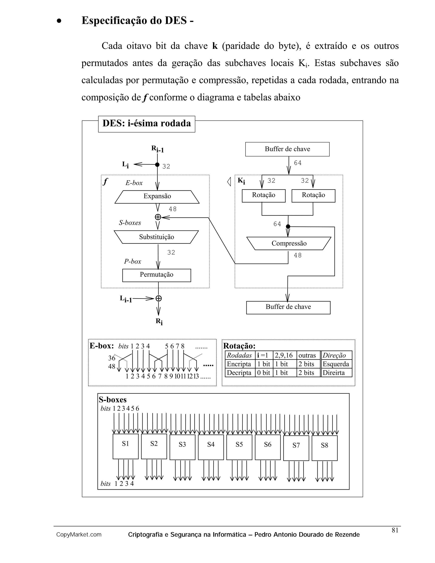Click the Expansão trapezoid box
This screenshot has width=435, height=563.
[x=157, y=197]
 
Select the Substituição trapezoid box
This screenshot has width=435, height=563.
[x=156, y=237]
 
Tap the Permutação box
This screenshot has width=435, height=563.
[x=156, y=275]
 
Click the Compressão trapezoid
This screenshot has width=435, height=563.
[x=289, y=243]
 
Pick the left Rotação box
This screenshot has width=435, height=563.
[x=263, y=196]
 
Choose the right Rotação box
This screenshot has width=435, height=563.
[x=313, y=196]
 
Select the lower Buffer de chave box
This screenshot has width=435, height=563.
[x=288, y=307]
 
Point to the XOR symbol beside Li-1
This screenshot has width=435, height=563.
[x=158, y=298]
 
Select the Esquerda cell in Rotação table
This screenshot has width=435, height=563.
[x=336, y=364]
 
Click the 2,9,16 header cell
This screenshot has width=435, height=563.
[x=284, y=355]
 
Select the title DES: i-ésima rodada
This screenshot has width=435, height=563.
[x=147, y=124]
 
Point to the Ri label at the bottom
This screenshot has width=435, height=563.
[x=159, y=321]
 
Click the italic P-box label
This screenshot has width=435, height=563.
[x=133, y=261]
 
